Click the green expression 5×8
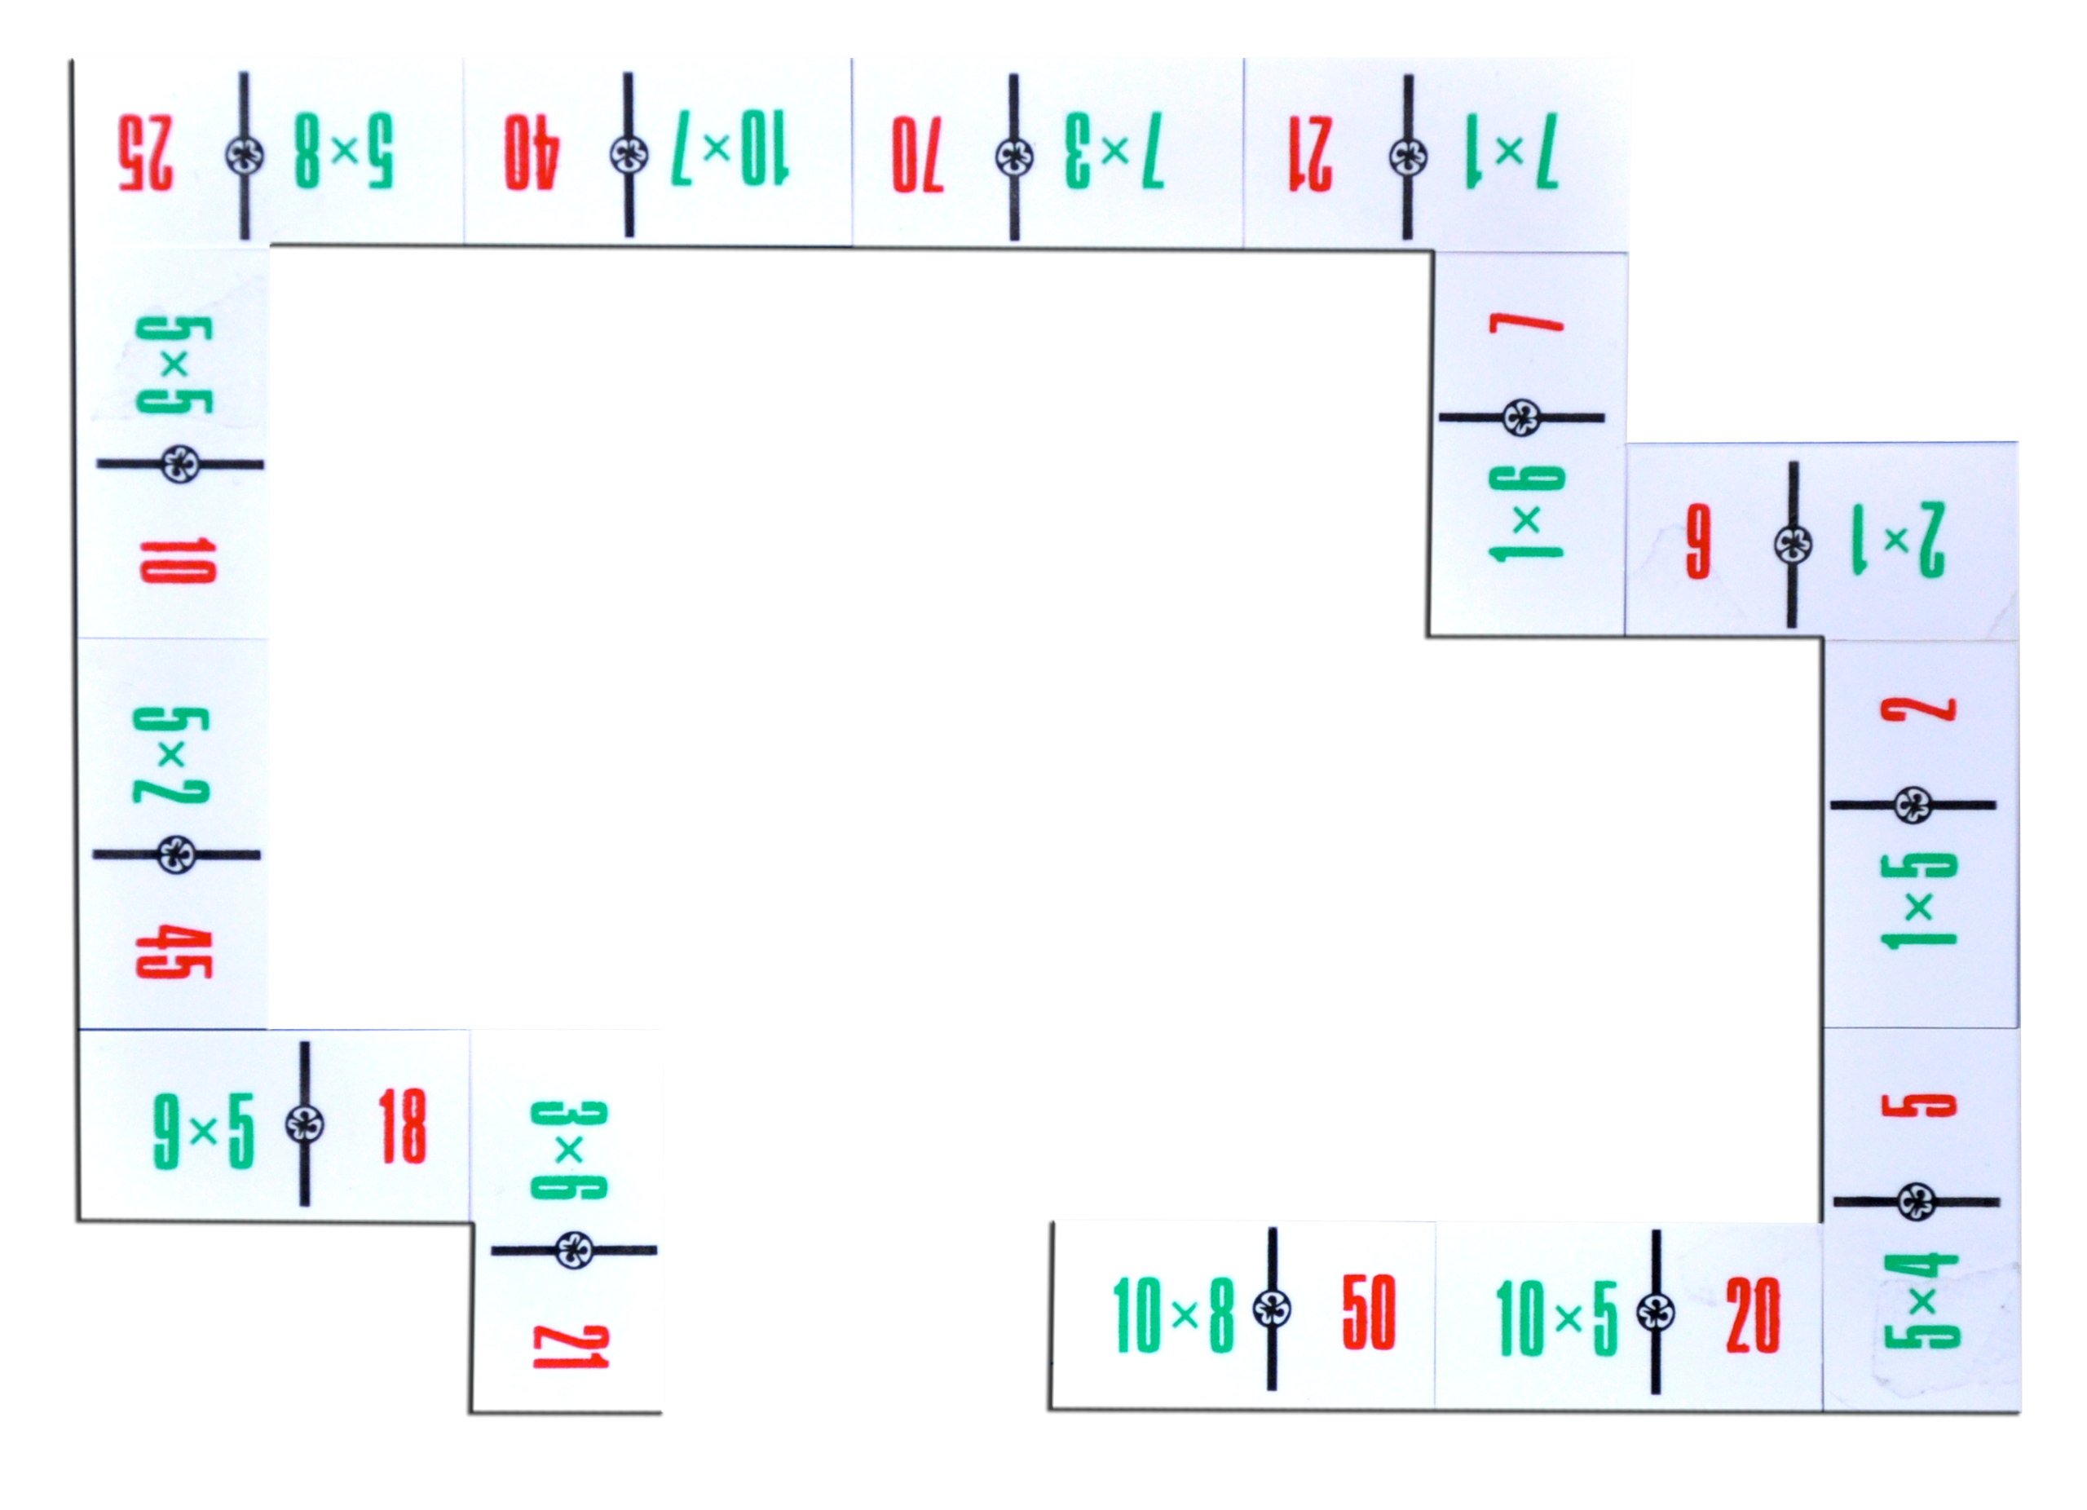(343, 152)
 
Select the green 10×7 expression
(730, 150)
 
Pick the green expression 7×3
(1114, 152)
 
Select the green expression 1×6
(1527, 514)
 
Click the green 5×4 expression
(1922, 1303)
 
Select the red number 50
(1368, 1312)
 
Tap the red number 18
(402, 1128)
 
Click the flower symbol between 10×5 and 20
(1656, 1312)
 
